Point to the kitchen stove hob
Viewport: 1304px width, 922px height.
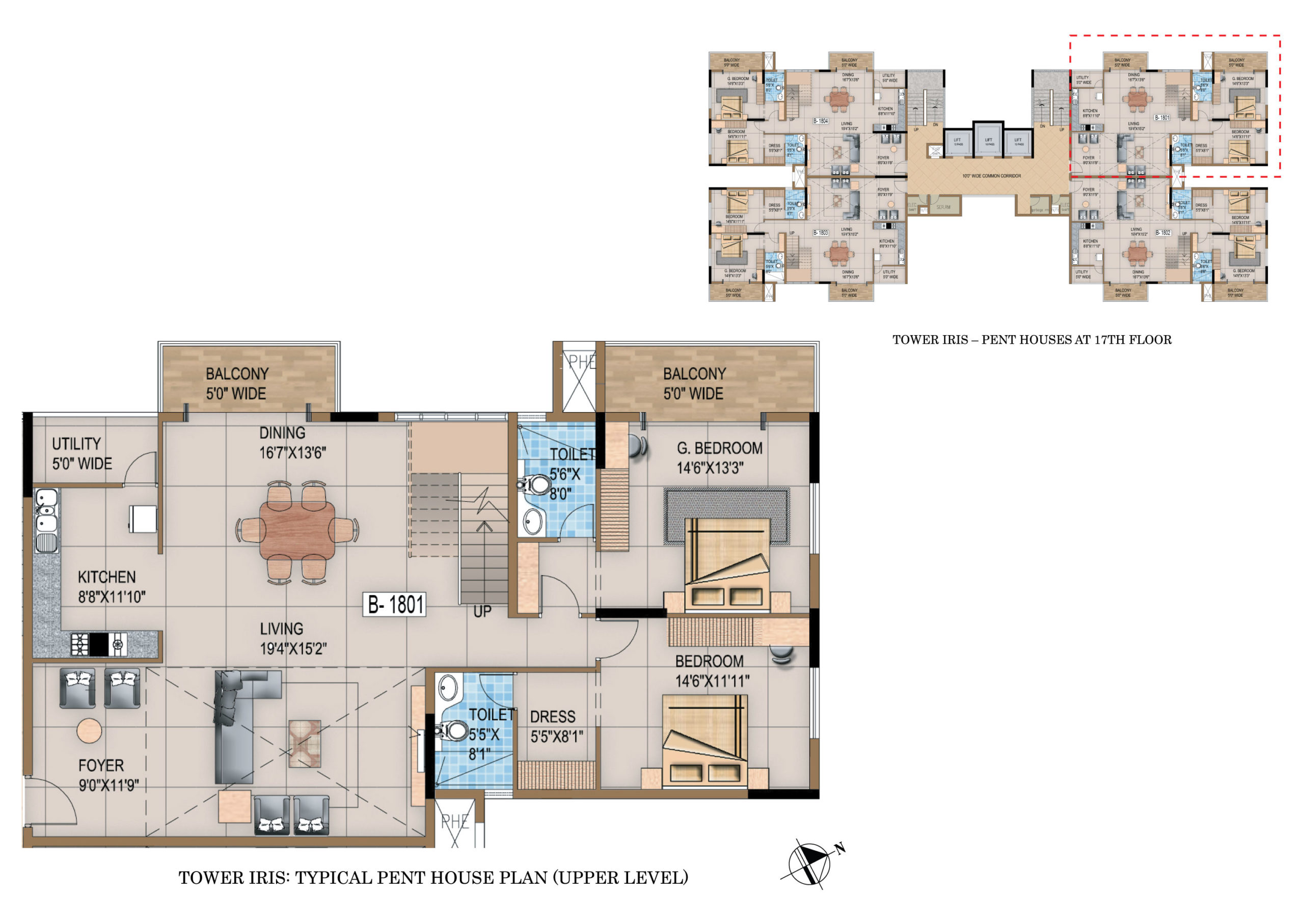tap(99, 644)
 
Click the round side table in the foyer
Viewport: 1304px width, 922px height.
tap(89, 730)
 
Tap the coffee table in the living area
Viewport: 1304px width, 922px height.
tap(305, 743)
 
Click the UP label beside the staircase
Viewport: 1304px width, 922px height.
tap(482, 611)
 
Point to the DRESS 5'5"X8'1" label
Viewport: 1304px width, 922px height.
tap(556, 726)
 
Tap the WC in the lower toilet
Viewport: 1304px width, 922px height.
tap(453, 730)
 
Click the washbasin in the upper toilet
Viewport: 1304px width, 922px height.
tap(532, 521)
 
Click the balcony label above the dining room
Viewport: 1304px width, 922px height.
tap(236, 384)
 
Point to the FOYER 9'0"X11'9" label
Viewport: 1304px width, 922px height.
tap(107, 775)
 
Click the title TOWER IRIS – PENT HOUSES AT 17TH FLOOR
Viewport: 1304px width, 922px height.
tap(1031, 340)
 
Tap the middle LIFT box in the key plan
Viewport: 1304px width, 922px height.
tap(989, 140)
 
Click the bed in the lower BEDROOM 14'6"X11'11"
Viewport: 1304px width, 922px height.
tap(704, 740)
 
